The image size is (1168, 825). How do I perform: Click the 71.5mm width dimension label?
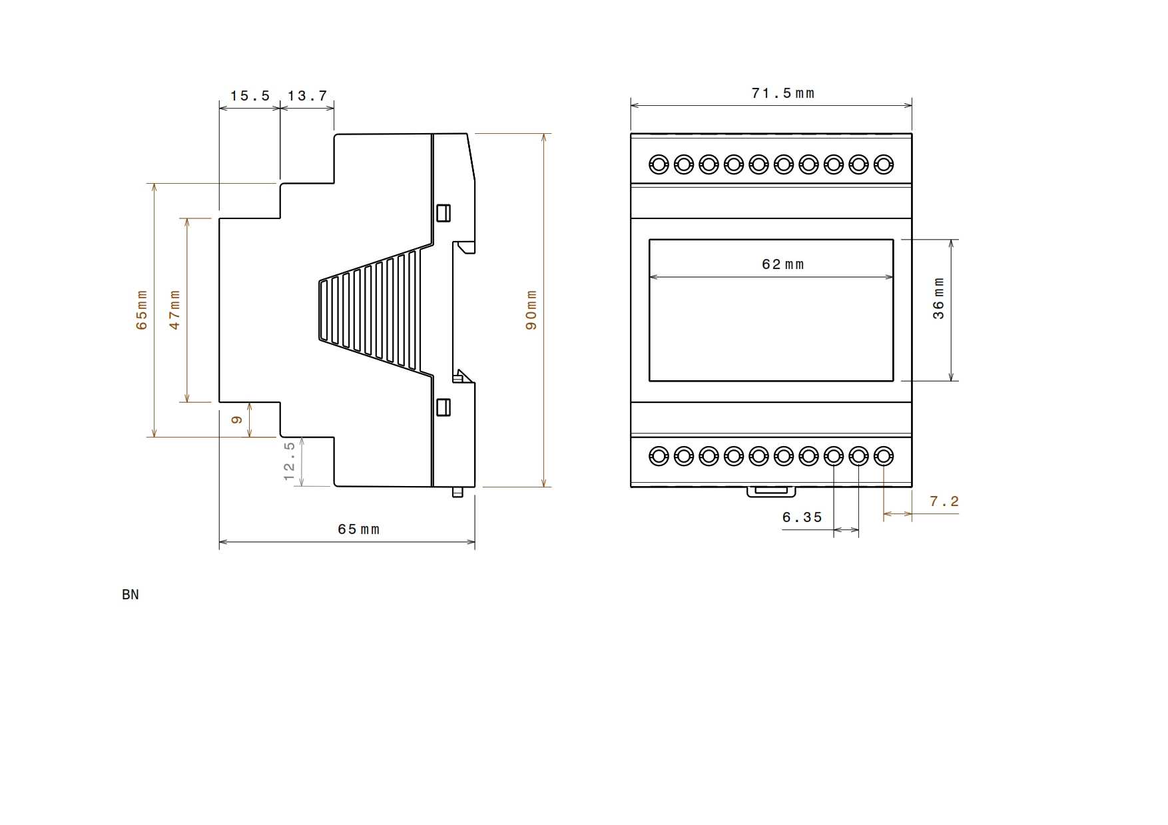pyautogui.click(x=782, y=93)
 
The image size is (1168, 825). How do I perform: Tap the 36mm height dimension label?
pyautogui.click(x=938, y=298)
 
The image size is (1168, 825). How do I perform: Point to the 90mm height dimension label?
pyautogui.click(x=531, y=310)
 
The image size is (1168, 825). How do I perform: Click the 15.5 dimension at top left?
pyautogui.click(x=250, y=96)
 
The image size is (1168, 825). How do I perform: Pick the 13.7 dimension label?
pyautogui.click(x=308, y=96)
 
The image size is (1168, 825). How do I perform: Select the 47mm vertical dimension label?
pyautogui.click(x=174, y=309)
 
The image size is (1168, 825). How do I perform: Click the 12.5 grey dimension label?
pyautogui.click(x=289, y=461)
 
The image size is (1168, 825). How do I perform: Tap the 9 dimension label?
pyautogui.click(x=236, y=420)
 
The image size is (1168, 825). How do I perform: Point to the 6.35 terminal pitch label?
pyautogui.click(x=802, y=517)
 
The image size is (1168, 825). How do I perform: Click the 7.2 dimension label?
pyautogui.click(x=944, y=501)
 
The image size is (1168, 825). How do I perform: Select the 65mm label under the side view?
pyautogui.click(x=358, y=529)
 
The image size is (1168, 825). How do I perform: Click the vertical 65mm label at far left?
pyautogui.click(x=141, y=310)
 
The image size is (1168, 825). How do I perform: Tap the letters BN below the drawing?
pyautogui.click(x=131, y=595)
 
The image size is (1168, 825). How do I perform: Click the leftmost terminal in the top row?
pyautogui.click(x=659, y=164)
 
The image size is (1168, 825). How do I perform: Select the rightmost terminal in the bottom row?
pyautogui.click(x=884, y=457)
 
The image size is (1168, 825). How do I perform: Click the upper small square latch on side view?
pyautogui.click(x=443, y=212)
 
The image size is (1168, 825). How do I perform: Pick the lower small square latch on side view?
pyautogui.click(x=443, y=407)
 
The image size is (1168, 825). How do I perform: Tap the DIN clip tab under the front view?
pyautogui.click(x=771, y=491)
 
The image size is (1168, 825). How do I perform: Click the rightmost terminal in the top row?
pyautogui.click(x=884, y=164)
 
